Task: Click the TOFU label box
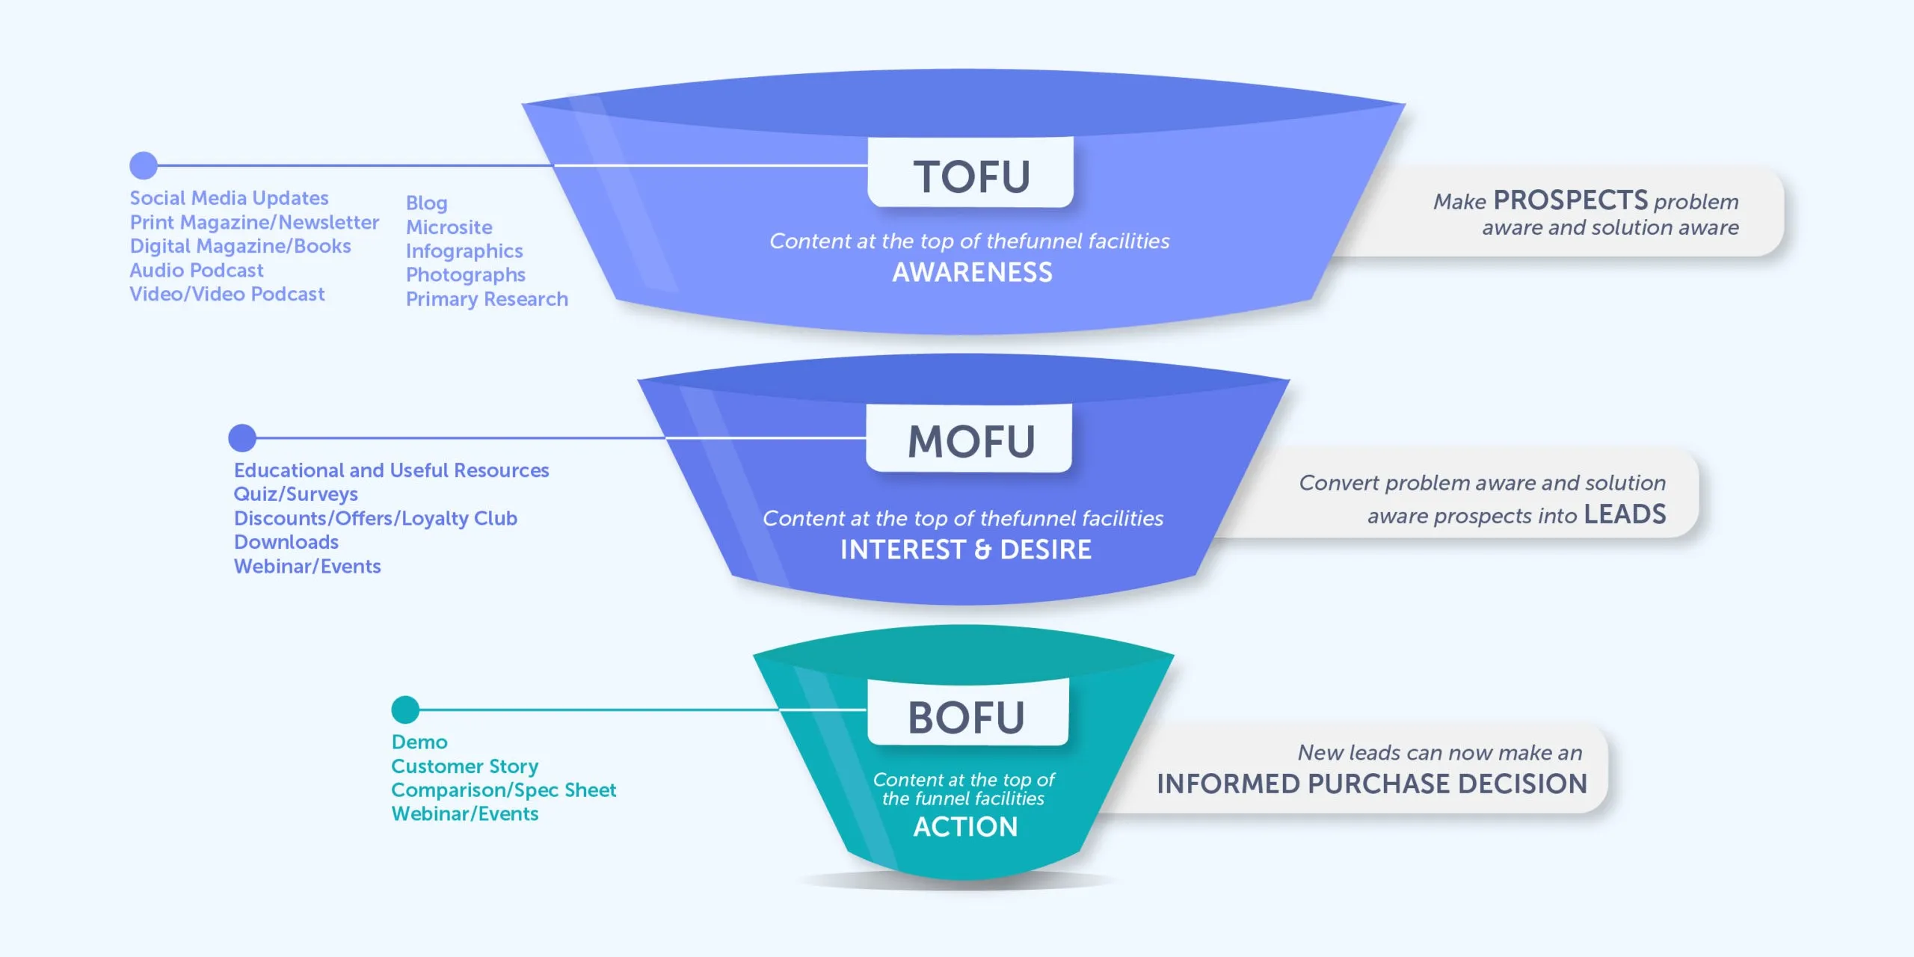point(970,173)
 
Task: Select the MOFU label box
point(970,440)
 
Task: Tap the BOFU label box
point(967,715)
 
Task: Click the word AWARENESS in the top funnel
point(972,272)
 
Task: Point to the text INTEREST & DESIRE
point(965,550)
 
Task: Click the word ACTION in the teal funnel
point(965,826)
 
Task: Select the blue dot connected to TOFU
point(144,165)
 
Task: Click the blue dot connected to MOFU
point(242,438)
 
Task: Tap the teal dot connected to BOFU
point(405,710)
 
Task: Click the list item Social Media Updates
point(229,198)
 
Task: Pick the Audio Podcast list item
point(197,270)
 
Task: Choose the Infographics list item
point(464,251)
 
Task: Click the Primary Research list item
point(487,299)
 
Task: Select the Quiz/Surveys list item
point(295,494)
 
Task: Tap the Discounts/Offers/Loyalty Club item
point(375,518)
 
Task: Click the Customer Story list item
point(464,766)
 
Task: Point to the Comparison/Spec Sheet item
point(503,790)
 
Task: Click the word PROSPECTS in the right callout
point(1570,200)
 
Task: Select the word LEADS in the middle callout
point(1625,514)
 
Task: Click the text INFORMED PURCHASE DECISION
point(1372,784)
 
